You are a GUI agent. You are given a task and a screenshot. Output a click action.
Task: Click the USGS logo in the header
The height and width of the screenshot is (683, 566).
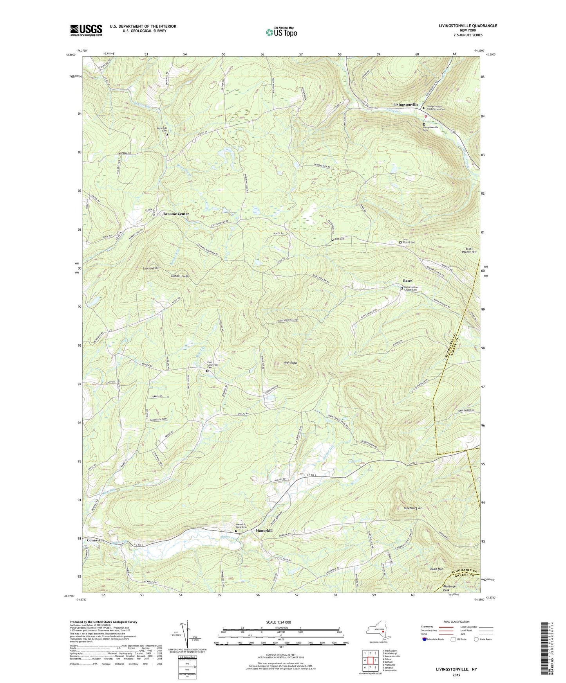[x=86, y=30]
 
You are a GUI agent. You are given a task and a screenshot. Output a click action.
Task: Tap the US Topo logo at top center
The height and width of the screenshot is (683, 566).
[x=281, y=32]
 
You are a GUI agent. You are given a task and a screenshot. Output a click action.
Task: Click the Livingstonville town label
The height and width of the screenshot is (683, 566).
[x=405, y=104]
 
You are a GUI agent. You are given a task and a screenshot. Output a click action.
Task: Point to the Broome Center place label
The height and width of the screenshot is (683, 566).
[x=176, y=214]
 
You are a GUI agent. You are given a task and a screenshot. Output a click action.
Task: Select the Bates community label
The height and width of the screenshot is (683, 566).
[x=407, y=280]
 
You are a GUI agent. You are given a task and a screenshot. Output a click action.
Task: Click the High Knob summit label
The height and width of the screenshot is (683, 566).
[x=290, y=363]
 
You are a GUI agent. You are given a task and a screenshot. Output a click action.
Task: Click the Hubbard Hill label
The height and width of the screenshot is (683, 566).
[x=179, y=276]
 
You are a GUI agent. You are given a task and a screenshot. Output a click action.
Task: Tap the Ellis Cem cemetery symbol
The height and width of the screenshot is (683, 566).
[x=333, y=239]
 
